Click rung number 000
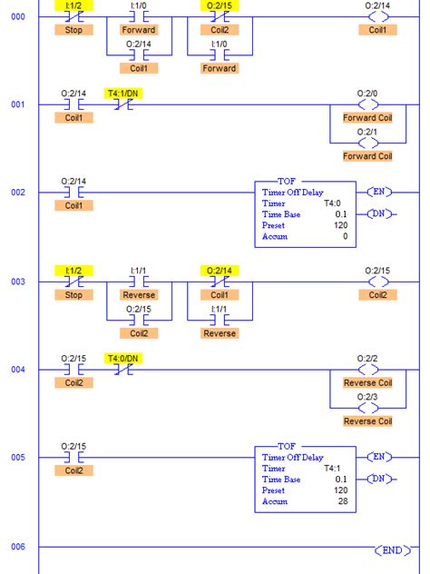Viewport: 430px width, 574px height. [18, 16]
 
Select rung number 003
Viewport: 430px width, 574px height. [18, 282]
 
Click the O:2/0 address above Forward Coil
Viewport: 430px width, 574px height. [366, 93]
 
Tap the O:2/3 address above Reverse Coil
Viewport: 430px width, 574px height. [366, 396]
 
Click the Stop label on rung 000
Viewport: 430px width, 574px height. [73, 30]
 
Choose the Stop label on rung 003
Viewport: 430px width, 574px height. [73, 295]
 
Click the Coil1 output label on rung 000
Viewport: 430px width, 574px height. [376, 30]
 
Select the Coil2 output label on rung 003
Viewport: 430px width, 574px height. [376, 295]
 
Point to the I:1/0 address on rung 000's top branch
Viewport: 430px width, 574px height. [139, 5]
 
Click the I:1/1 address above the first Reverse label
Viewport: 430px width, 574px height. [139, 271]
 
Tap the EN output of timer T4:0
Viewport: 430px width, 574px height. [380, 192]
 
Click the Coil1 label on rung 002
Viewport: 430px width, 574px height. [73, 206]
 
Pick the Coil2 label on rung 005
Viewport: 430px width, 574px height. [73, 470]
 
